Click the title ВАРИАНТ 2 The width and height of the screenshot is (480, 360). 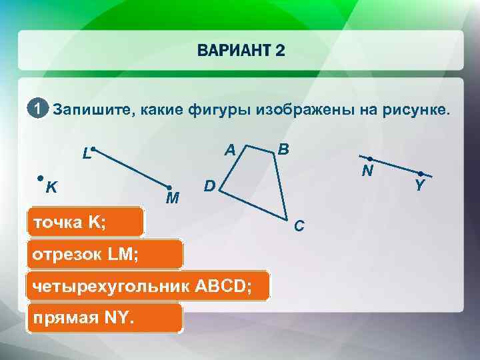click(x=241, y=51)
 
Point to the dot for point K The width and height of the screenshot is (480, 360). click(x=41, y=179)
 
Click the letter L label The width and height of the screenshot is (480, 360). click(x=86, y=154)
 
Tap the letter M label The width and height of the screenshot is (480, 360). click(x=172, y=199)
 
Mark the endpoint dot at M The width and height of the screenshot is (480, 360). click(x=170, y=188)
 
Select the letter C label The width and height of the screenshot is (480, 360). click(x=299, y=227)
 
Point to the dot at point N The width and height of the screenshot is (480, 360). click(x=369, y=159)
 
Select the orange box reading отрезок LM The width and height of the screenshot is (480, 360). click(x=103, y=255)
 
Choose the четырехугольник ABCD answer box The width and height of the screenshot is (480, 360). click(x=147, y=286)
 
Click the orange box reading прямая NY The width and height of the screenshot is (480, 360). click(x=103, y=318)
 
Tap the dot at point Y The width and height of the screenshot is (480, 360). click(x=420, y=173)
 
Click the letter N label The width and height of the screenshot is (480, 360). click(x=367, y=171)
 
